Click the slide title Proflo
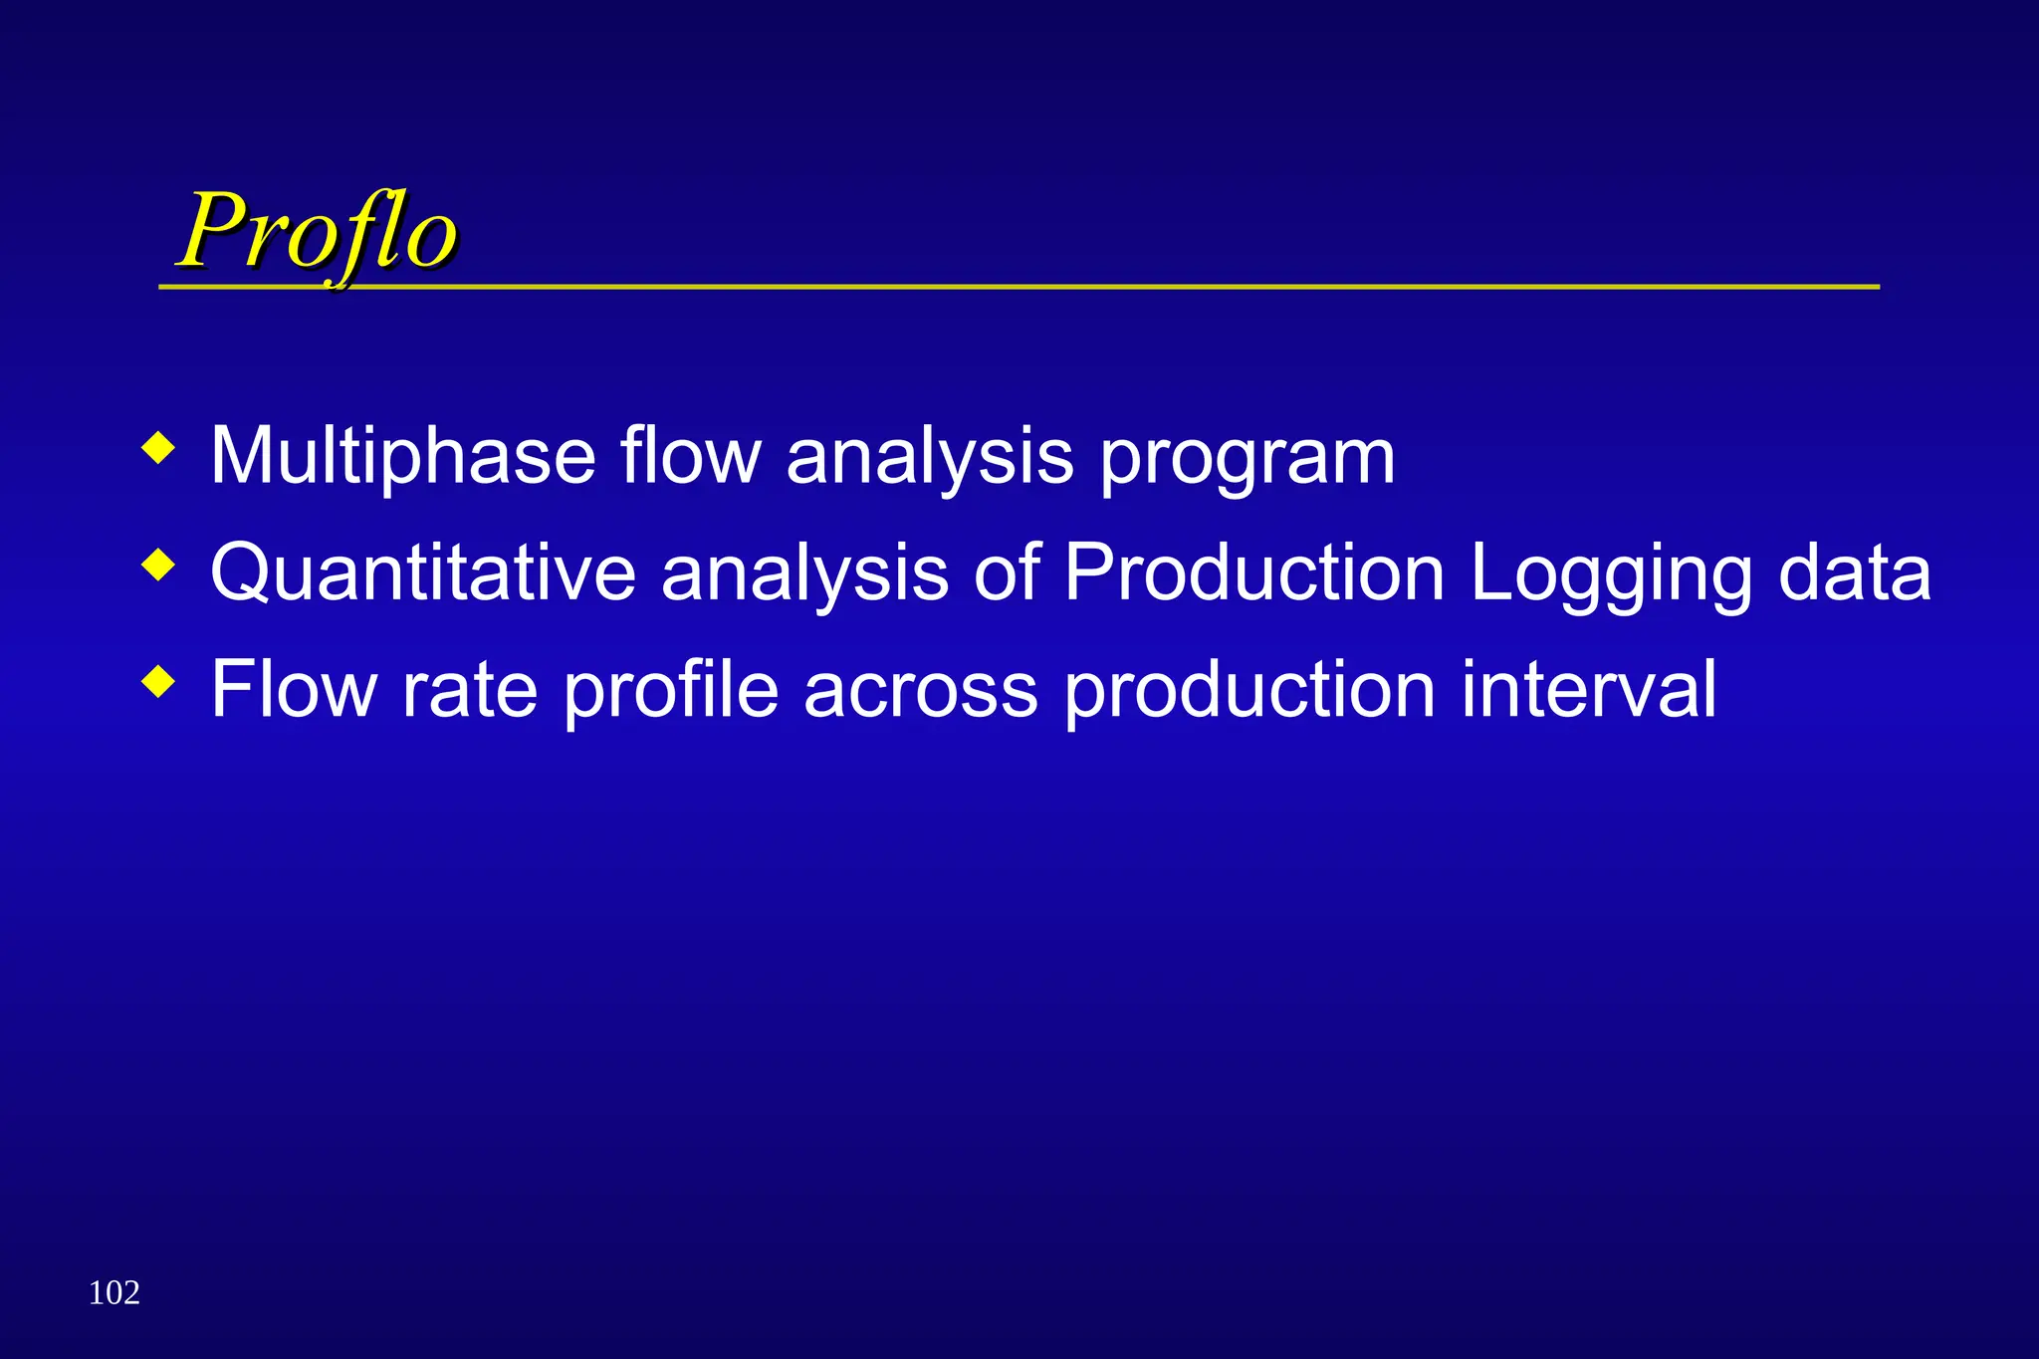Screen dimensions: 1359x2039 pos(317,231)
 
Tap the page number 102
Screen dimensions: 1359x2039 pos(114,1292)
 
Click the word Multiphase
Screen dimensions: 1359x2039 pos(402,456)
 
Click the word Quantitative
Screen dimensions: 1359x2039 pos(423,573)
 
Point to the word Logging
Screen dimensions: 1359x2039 pos(1610,575)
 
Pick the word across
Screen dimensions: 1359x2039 pos(921,691)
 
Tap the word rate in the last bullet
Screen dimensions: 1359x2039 pos(469,689)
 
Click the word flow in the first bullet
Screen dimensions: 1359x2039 pos(690,456)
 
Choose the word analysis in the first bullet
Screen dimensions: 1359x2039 pos(929,458)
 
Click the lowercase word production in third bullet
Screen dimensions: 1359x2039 pos(1249,691)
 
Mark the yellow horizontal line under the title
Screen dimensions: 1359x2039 pos(1095,287)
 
